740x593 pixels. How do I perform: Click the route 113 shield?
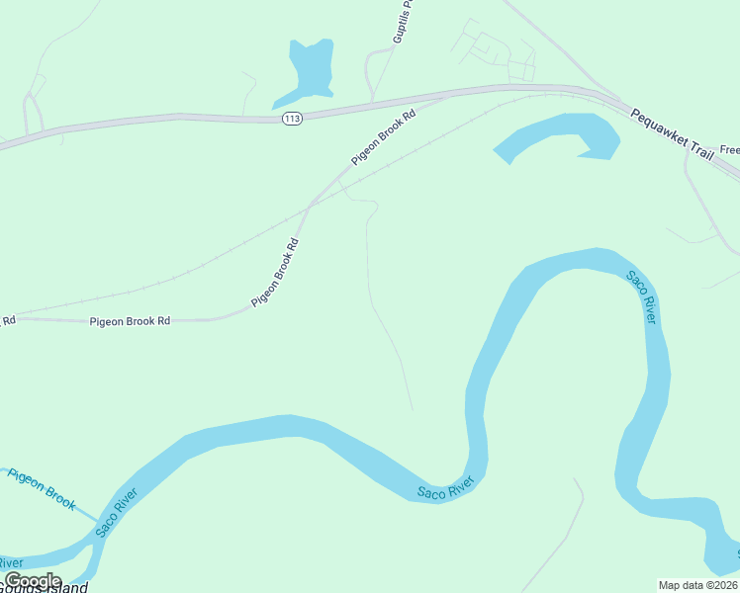291,119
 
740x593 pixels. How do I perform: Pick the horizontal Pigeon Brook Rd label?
130,321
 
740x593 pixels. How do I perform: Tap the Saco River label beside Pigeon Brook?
117,512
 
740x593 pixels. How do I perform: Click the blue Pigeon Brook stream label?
42,488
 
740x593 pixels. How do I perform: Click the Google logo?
33,581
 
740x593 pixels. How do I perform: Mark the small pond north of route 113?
307,71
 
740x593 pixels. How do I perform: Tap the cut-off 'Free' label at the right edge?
729,150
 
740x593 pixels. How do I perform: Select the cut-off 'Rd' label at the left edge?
8,320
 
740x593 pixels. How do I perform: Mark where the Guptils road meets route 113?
372,103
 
